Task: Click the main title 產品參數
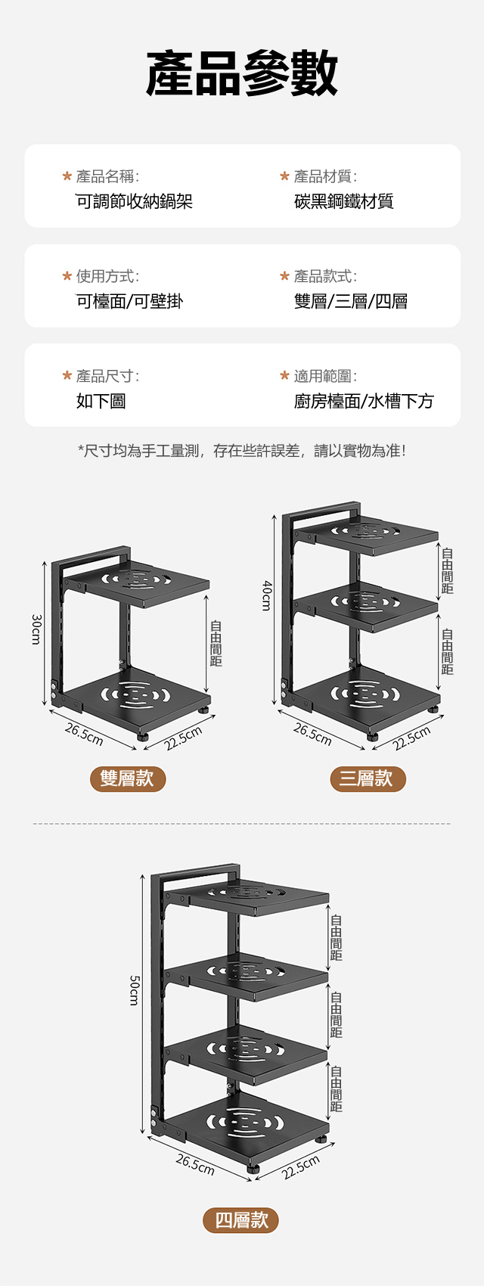tap(242, 73)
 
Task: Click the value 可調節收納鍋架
tap(135, 201)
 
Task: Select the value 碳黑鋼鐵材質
tap(343, 201)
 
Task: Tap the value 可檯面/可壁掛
tap(130, 301)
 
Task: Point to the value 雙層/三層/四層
tap(351, 301)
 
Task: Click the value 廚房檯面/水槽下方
tap(364, 401)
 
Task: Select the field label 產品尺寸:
tap(107, 376)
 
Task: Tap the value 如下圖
tap(101, 401)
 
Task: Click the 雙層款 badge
tap(128, 779)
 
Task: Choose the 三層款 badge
tap(368, 779)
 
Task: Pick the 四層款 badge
tap(240, 1220)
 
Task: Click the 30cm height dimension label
tap(36, 629)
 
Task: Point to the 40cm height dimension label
tap(266, 596)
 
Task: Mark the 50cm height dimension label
tap(133, 990)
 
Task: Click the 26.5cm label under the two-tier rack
tap(84, 735)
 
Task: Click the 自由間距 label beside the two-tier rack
tap(216, 644)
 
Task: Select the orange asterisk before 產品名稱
tap(67, 176)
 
